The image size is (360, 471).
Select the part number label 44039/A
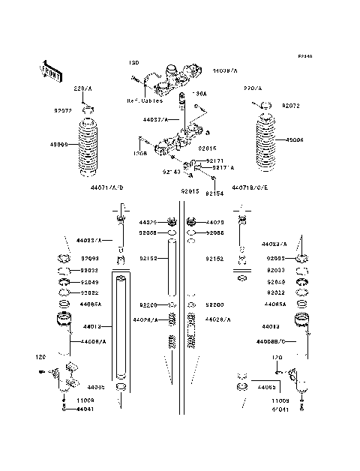click(224, 70)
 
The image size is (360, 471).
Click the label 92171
click(215, 160)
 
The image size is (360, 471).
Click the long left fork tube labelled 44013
click(121, 337)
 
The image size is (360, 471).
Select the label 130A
click(199, 94)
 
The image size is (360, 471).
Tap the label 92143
click(171, 172)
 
